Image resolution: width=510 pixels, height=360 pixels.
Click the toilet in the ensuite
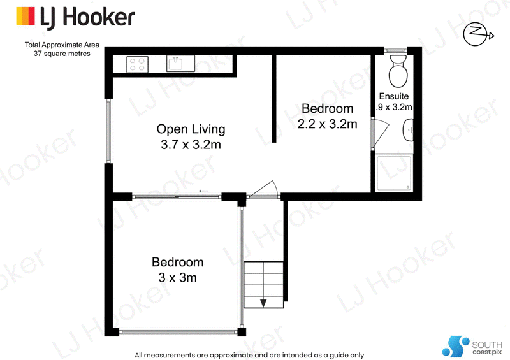pyautogui.click(x=398, y=71)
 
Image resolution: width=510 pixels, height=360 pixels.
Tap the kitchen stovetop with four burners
pyautogui.click(x=137, y=64)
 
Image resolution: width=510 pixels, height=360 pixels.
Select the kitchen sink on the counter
pyautogui.click(x=180, y=64)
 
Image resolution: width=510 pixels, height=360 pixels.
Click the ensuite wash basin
pyautogui.click(x=409, y=130)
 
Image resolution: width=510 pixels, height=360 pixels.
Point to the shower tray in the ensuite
pyautogui.click(x=394, y=173)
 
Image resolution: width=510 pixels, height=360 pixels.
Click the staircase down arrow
pyautogui.click(x=263, y=303)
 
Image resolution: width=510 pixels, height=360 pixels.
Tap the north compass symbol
pyautogui.click(x=478, y=34)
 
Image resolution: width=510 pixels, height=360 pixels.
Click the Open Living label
pyautogui.click(x=191, y=129)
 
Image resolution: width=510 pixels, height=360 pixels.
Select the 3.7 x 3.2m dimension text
pyautogui.click(x=191, y=145)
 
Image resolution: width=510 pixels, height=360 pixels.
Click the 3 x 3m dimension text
pyautogui.click(x=178, y=278)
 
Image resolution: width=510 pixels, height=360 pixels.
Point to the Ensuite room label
pyautogui.click(x=394, y=96)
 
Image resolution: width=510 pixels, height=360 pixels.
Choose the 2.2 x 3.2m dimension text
pyautogui.click(x=327, y=124)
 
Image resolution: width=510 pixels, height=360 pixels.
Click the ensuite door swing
pyautogui.click(x=380, y=133)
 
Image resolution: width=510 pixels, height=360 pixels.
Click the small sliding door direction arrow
pyautogui.click(x=203, y=191)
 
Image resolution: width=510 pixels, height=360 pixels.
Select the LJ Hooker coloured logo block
pyautogui.click(x=25, y=17)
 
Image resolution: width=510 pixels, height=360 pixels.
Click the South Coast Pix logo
pyautogui.click(x=472, y=347)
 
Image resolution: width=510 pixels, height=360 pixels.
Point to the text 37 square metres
pyautogui.click(x=62, y=54)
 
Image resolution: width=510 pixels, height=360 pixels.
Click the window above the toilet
pyautogui.click(x=395, y=50)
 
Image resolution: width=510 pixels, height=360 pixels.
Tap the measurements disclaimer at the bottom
pyautogui.click(x=249, y=355)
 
